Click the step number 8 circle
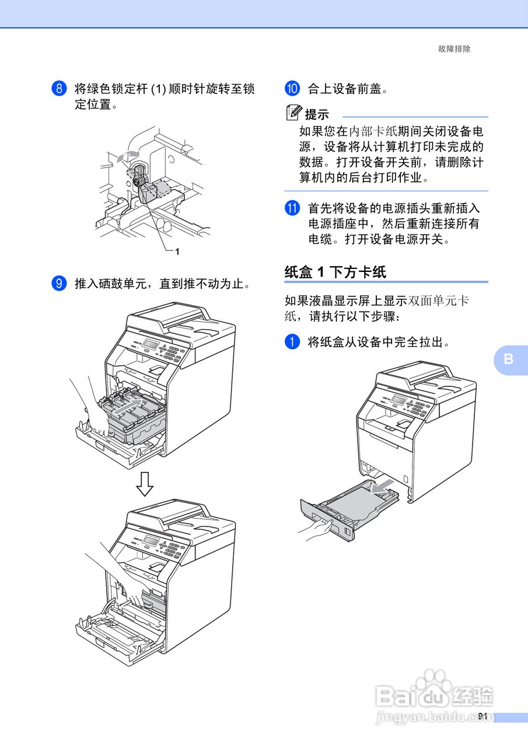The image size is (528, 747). pos(59,89)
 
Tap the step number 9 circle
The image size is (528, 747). pos(59,284)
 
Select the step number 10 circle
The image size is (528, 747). pos(292,89)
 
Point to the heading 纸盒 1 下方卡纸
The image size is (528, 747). pos(335,271)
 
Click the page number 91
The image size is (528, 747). pos(482,716)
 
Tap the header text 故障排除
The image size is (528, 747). pos(454,49)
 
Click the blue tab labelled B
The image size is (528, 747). pos(509,359)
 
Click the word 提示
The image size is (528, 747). pos(318,115)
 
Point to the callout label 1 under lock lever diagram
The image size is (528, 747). pos(176,252)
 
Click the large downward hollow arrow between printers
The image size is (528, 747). pos(145,483)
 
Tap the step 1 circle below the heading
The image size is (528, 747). pos(292,342)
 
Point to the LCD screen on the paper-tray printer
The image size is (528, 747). pos(399,400)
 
